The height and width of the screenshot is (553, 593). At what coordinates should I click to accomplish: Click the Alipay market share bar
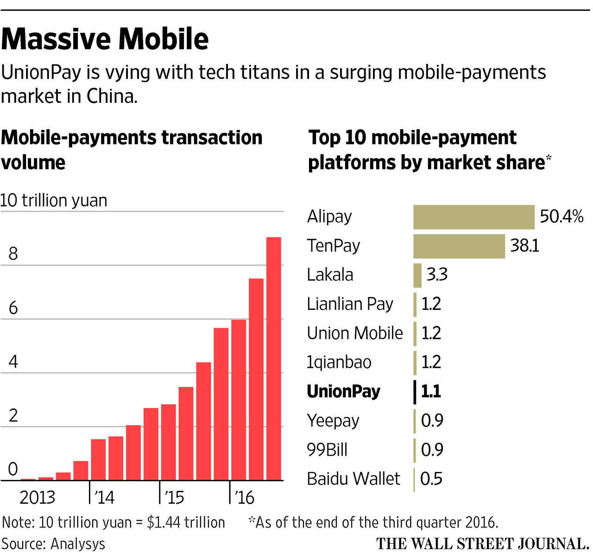[473, 217]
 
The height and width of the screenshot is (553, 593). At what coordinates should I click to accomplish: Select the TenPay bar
[459, 246]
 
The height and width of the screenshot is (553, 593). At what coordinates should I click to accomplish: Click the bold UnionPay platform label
[343, 391]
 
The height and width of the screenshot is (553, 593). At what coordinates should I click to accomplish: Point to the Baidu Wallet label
[353, 478]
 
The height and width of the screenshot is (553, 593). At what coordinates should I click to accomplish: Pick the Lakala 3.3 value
[437, 275]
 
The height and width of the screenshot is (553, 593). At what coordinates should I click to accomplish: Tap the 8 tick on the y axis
[13, 254]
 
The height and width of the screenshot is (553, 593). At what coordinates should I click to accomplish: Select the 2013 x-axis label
[37, 497]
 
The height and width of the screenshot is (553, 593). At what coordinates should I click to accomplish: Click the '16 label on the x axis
[244, 497]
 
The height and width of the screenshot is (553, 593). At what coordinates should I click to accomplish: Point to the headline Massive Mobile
[105, 39]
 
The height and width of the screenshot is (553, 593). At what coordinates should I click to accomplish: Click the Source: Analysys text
[53, 543]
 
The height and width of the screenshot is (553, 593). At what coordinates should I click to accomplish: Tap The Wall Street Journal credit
[482, 543]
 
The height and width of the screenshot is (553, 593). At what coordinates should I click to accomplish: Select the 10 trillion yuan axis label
[54, 201]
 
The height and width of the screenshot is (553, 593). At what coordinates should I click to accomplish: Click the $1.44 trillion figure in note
[186, 522]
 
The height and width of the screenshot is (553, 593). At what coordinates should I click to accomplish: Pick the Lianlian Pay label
[350, 304]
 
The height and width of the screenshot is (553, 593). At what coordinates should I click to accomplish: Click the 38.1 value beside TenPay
[524, 245]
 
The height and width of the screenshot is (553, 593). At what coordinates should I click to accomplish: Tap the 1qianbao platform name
[339, 362]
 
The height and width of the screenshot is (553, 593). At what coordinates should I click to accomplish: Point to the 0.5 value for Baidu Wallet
[431, 478]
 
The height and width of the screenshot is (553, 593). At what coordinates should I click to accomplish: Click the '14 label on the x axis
[104, 497]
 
